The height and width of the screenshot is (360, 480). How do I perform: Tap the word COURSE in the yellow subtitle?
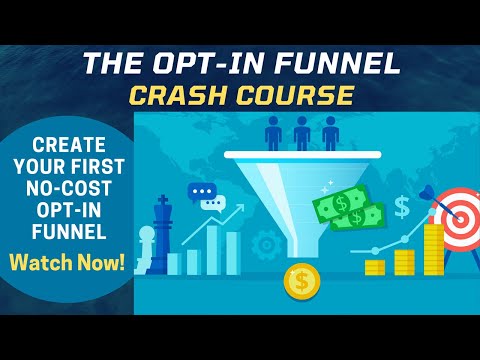pyautogui.click(x=296, y=97)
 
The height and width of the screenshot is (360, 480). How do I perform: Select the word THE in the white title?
pyautogui.click(x=111, y=65)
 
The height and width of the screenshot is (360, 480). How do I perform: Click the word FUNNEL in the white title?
pyautogui.click(x=341, y=65)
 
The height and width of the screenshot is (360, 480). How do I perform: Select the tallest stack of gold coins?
pyautogui.click(x=433, y=250)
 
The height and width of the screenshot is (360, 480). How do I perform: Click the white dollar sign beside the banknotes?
pyautogui.click(x=401, y=207)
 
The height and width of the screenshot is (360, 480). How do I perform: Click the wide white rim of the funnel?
pyautogui.click(x=301, y=157)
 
